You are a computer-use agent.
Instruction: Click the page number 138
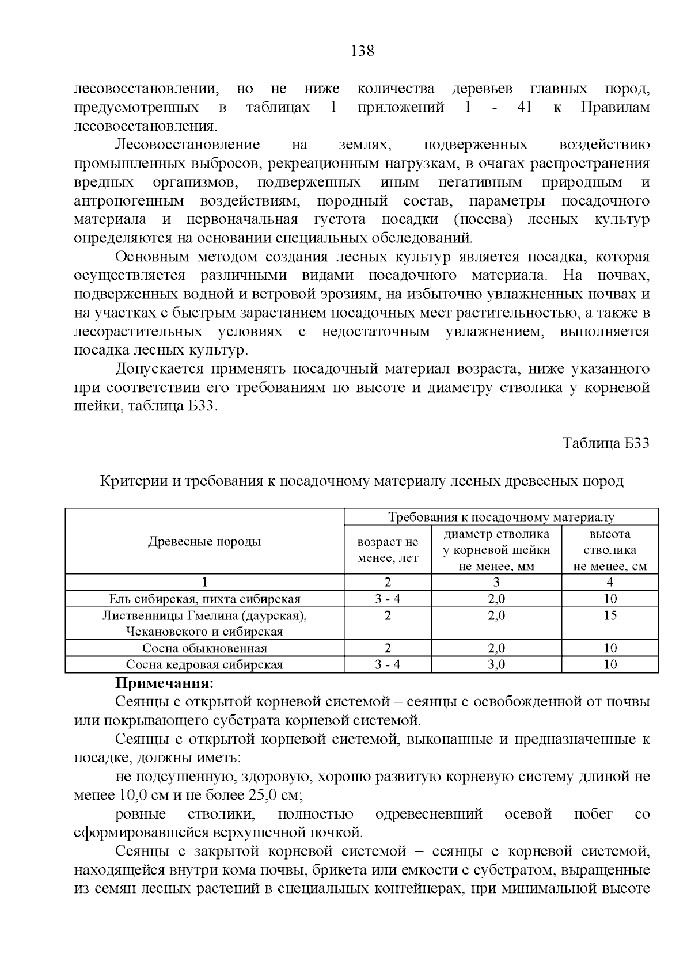click(x=362, y=51)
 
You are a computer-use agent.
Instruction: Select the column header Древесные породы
click(x=204, y=541)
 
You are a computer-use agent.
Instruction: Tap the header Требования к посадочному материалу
click(x=501, y=517)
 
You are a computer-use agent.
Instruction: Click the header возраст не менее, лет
click(x=388, y=550)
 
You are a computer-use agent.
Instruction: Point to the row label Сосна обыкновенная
click(x=204, y=648)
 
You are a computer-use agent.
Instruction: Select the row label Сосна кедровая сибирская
click(x=204, y=665)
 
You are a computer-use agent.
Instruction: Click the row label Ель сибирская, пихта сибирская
click(x=204, y=599)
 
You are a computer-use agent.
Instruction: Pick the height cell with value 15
click(x=610, y=615)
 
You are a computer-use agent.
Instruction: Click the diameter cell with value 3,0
click(x=496, y=665)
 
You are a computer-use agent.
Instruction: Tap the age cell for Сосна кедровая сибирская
click(x=388, y=665)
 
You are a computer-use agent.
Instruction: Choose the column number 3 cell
click(x=496, y=582)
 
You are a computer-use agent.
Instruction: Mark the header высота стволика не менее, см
click(x=610, y=550)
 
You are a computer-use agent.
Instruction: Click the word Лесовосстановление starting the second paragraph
click(x=187, y=145)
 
